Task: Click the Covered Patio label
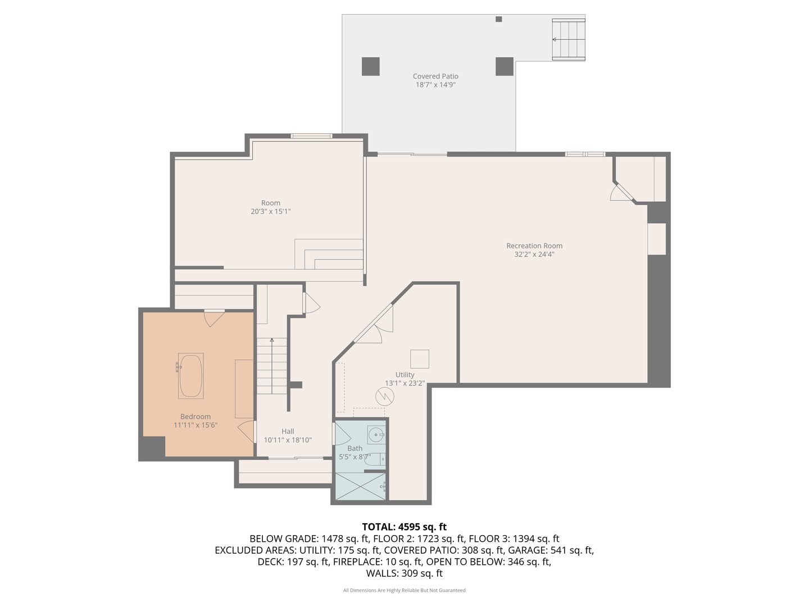coord(435,76)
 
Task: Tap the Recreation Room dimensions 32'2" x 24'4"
coord(534,255)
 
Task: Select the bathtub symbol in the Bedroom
coord(190,375)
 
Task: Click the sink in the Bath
coord(376,434)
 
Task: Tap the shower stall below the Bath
coord(361,486)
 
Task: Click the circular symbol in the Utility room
coord(385,397)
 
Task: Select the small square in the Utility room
coord(419,359)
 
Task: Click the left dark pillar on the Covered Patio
coord(370,66)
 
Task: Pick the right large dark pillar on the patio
coord(504,66)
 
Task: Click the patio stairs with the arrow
coord(568,39)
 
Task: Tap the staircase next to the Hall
coord(272,365)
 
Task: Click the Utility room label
coord(404,375)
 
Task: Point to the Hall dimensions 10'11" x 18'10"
coord(288,440)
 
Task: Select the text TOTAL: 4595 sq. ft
coord(404,527)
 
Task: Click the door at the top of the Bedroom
coord(214,318)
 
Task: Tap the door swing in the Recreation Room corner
coord(621,192)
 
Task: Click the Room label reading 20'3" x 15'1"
coord(270,211)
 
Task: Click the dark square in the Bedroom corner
coord(152,447)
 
